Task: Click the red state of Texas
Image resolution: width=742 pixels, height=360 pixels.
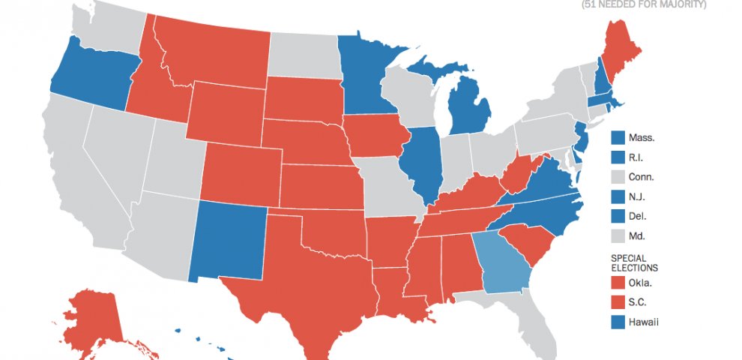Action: click(300, 285)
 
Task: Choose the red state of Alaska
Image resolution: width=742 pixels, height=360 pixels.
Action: click(94, 315)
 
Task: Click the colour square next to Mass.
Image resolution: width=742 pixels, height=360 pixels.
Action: click(618, 138)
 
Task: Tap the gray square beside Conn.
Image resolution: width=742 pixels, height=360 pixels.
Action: click(618, 177)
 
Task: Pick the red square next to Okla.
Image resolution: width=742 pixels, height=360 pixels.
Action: click(618, 283)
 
